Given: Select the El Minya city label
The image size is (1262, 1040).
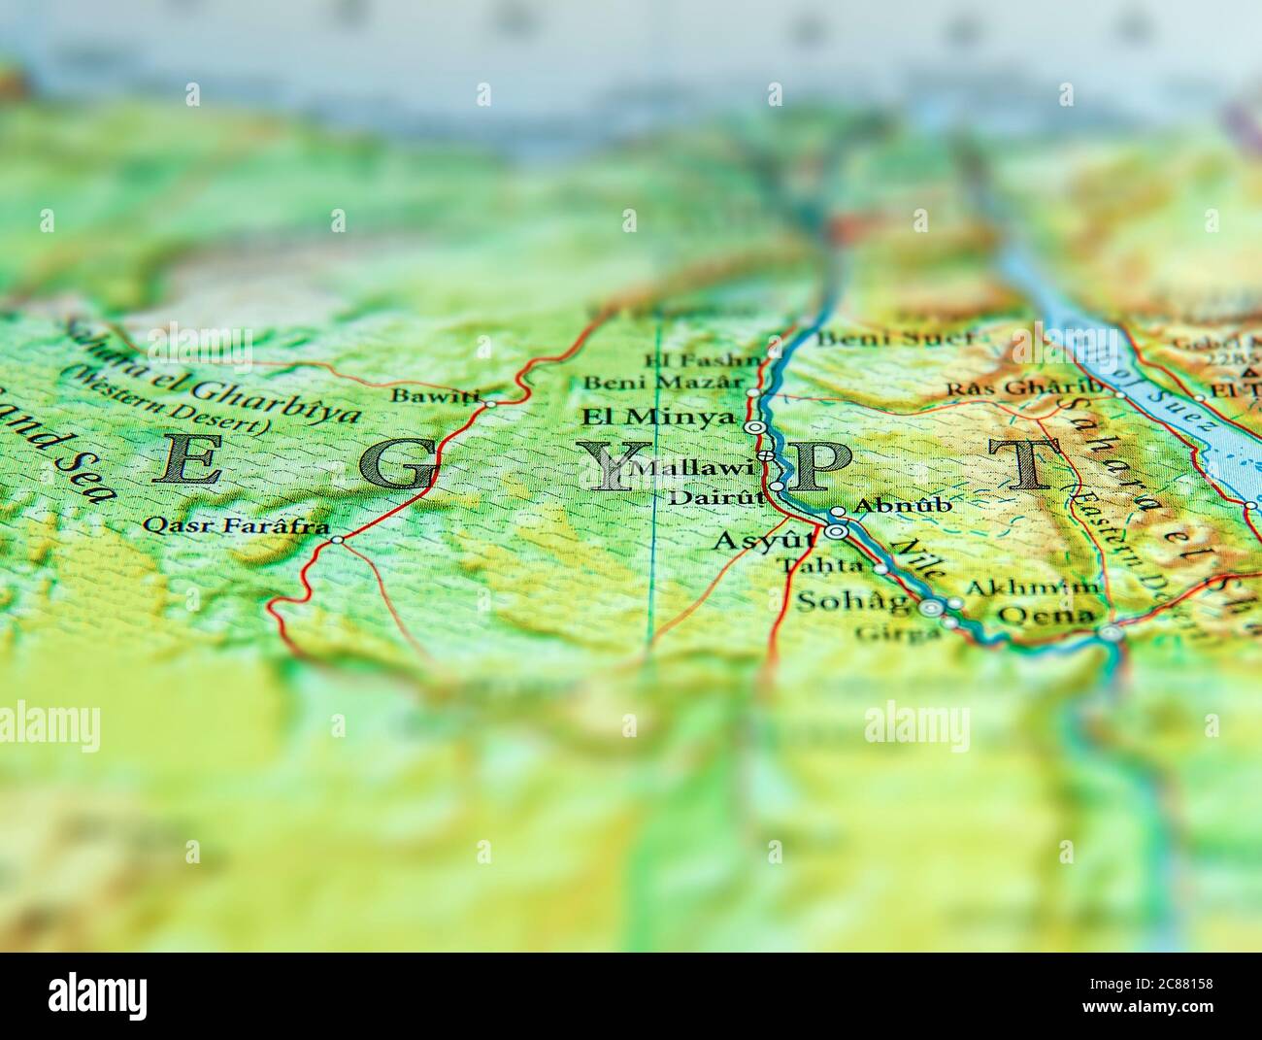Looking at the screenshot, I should click(x=657, y=419).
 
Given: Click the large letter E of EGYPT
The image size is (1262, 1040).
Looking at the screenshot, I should click(x=186, y=460).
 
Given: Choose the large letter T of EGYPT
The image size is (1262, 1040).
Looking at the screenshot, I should click(x=1024, y=463).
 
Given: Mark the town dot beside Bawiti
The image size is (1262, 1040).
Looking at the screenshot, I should click(x=490, y=403).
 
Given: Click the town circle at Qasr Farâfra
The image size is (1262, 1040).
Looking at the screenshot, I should click(x=336, y=540).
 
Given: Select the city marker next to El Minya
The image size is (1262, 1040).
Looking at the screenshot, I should click(x=753, y=427).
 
